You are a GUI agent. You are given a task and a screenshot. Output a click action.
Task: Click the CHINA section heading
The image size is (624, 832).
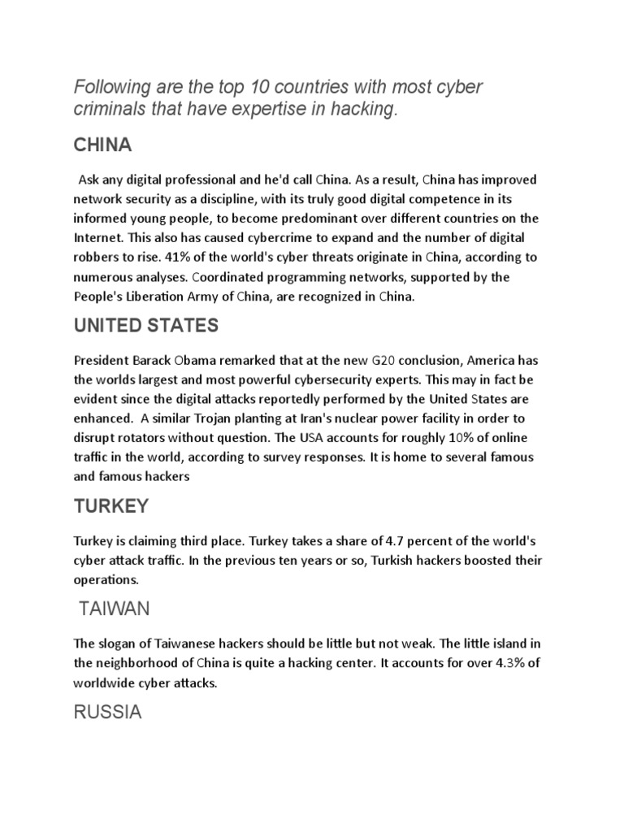tap(102, 145)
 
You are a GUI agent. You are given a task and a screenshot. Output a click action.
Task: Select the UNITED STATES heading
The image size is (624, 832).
tap(145, 326)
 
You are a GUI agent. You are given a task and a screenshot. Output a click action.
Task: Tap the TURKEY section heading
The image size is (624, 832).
tap(111, 506)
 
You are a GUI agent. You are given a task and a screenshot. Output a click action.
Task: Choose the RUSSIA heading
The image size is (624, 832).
tap(107, 713)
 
